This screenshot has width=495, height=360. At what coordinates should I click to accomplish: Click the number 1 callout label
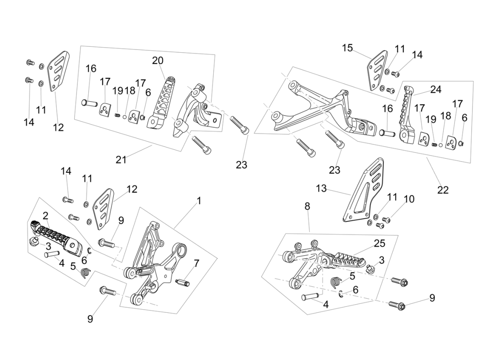tap(199, 200)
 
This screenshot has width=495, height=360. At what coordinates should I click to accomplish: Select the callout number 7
tap(196, 263)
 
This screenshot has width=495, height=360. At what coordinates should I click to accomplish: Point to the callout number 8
tap(307, 206)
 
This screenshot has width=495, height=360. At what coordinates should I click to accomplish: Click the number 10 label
tap(409, 199)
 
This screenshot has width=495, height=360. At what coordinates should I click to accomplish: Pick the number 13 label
tap(321, 189)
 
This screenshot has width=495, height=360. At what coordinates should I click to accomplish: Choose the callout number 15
tap(347, 48)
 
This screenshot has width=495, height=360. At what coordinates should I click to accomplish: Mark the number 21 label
tap(121, 159)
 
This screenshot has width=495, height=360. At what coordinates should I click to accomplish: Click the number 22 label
tap(443, 190)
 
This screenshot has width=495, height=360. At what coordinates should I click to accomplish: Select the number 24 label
tap(436, 89)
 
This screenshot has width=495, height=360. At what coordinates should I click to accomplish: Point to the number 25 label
tap(379, 243)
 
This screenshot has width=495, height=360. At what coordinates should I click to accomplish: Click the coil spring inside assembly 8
tap(335, 283)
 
